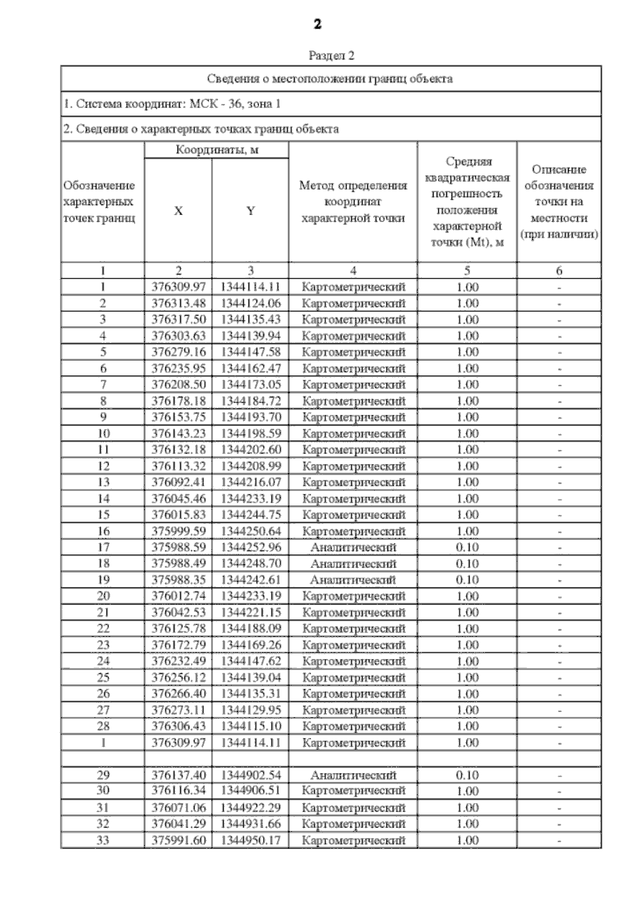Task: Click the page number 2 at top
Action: pyautogui.click(x=317, y=24)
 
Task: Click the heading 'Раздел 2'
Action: pyautogui.click(x=331, y=56)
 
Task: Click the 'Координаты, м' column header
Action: pyautogui.click(x=217, y=150)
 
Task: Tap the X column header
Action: pyautogui.click(x=179, y=211)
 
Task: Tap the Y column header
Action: pyautogui.click(x=251, y=211)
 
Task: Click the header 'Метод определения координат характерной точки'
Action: pyautogui.click(x=353, y=202)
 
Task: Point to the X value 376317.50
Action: pyautogui.click(x=179, y=319)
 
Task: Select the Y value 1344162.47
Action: pyautogui.click(x=251, y=368)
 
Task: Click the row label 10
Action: pyautogui.click(x=103, y=433)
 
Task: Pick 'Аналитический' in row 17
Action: pyautogui.click(x=353, y=547)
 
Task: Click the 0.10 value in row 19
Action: pyautogui.click(x=467, y=580)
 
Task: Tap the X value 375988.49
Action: pyautogui.click(x=179, y=563)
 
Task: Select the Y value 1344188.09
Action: pyautogui.click(x=251, y=628)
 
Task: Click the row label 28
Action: pyautogui.click(x=103, y=726)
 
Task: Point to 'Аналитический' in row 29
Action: pyautogui.click(x=353, y=775)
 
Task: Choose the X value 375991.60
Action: pyautogui.click(x=179, y=840)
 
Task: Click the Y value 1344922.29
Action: pyautogui.click(x=251, y=807)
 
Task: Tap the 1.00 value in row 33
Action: pyautogui.click(x=467, y=840)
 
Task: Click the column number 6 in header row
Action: pyautogui.click(x=559, y=271)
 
